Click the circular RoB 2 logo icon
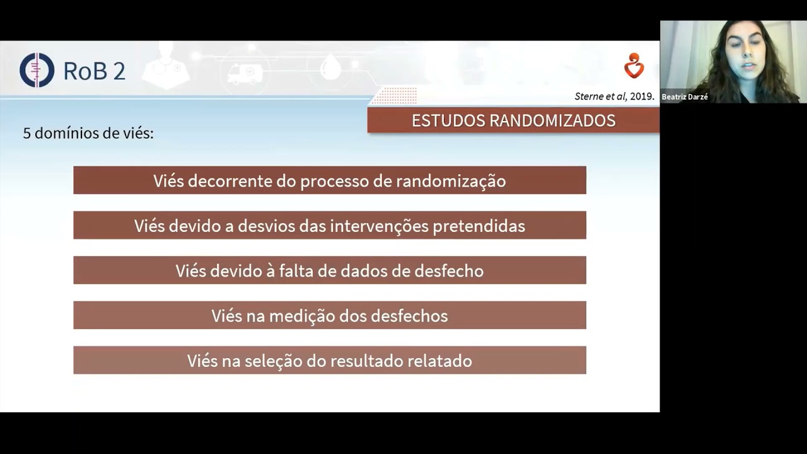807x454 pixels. [x=37, y=70]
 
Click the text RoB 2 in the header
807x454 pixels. [x=94, y=71]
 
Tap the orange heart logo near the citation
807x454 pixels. [x=634, y=66]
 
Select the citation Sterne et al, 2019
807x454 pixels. [x=614, y=96]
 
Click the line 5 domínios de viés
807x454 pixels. [x=88, y=133]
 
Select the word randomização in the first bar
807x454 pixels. [x=451, y=181]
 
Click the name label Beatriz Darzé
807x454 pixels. [x=685, y=97]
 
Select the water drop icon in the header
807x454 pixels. [x=330, y=67]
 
